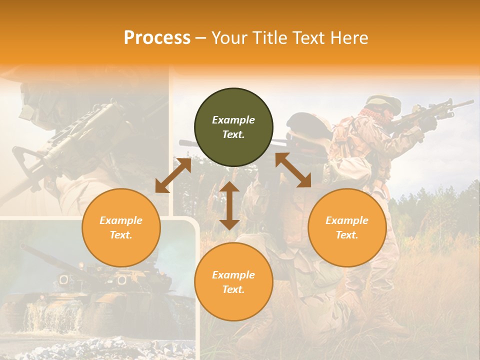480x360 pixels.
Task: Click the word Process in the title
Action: [x=157, y=37]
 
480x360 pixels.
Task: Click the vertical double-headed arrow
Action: [x=229, y=205]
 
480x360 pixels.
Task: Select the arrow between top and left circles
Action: [x=173, y=175]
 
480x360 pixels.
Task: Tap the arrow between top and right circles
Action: [x=293, y=170]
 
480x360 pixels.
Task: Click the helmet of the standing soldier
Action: [x=384, y=103]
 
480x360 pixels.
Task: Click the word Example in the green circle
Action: [x=233, y=120]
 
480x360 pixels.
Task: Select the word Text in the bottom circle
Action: [x=233, y=289]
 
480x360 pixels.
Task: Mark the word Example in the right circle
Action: [x=347, y=220]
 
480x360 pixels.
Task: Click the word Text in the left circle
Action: [x=121, y=235]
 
